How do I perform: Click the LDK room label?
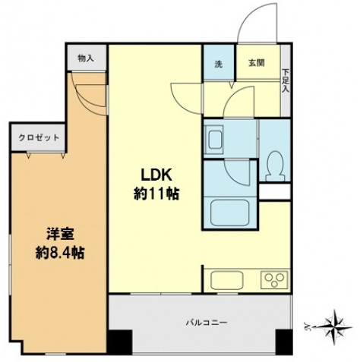coord(152,172)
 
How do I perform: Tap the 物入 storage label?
coord(86,58)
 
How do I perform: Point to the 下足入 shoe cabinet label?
coord(286,80)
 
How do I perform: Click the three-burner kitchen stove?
coord(271,279)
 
